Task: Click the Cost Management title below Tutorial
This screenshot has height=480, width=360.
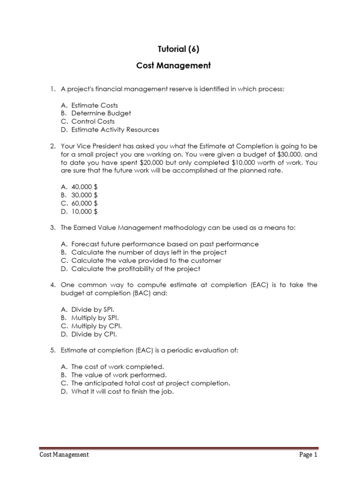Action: (x=173, y=66)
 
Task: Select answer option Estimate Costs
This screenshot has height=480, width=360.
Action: (x=95, y=105)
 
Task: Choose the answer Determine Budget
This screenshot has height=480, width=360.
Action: (x=101, y=113)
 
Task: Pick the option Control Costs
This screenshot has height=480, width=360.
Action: (x=93, y=121)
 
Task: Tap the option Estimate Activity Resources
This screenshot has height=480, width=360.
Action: (x=115, y=129)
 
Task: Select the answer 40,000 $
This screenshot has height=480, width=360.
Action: (x=84, y=187)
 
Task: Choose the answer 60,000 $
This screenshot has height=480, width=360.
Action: (x=84, y=203)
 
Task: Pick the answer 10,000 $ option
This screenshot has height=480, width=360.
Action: (x=84, y=211)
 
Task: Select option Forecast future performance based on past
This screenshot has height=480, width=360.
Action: (x=165, y=244)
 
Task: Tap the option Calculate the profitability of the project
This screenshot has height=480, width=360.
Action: (x=135, y=269)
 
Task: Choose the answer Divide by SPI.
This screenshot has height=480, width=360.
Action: (x=93, y=309)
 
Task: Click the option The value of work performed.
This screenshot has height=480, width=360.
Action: (x=119, y=375)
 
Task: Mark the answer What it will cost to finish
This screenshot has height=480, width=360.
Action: (x=122, y=391)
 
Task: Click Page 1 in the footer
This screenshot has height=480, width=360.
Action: (x=308, y=454)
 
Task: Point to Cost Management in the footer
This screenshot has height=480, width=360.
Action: (x=64, y=454)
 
